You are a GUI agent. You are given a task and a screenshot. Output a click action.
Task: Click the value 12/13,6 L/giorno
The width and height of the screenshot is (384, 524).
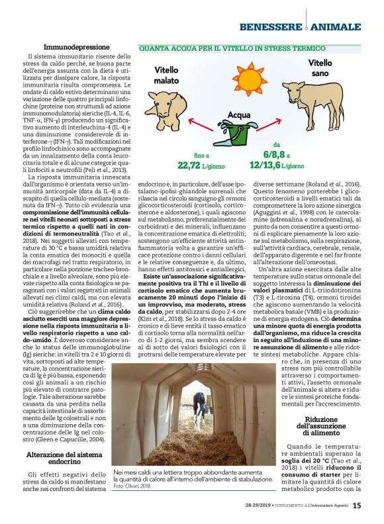pos(277,165)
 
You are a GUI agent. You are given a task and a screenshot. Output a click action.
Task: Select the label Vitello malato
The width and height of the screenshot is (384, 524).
pos(166,75)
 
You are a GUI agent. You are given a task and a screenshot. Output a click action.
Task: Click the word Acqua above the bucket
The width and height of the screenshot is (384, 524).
pos(239,115)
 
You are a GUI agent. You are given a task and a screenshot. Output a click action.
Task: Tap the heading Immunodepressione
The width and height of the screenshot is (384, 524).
pos(77,48)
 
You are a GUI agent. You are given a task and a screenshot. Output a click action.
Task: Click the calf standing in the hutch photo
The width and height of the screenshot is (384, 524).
pos(199,411)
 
